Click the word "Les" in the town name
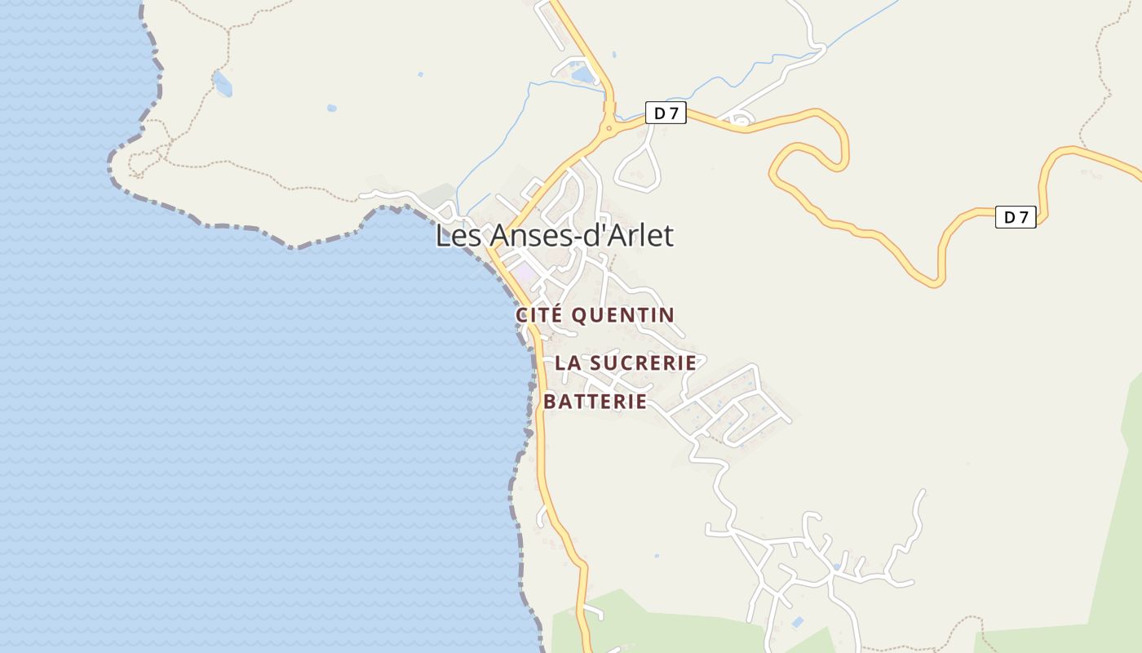[x=453, y=235]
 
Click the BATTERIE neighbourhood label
[x=595, y=402]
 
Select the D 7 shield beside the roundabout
[x=666, y=113]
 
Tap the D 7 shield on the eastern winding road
[x=1016, y=217]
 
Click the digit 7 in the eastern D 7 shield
[x=1024, y=217]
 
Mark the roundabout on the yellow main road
[x=609, y=127]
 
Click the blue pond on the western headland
[x=222, y=82]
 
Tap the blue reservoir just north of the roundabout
[x=583, y=75]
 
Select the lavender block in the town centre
[x=524, y=272]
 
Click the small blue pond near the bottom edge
[x=797, y=623]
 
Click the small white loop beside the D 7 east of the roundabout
[x=739, y=122]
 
